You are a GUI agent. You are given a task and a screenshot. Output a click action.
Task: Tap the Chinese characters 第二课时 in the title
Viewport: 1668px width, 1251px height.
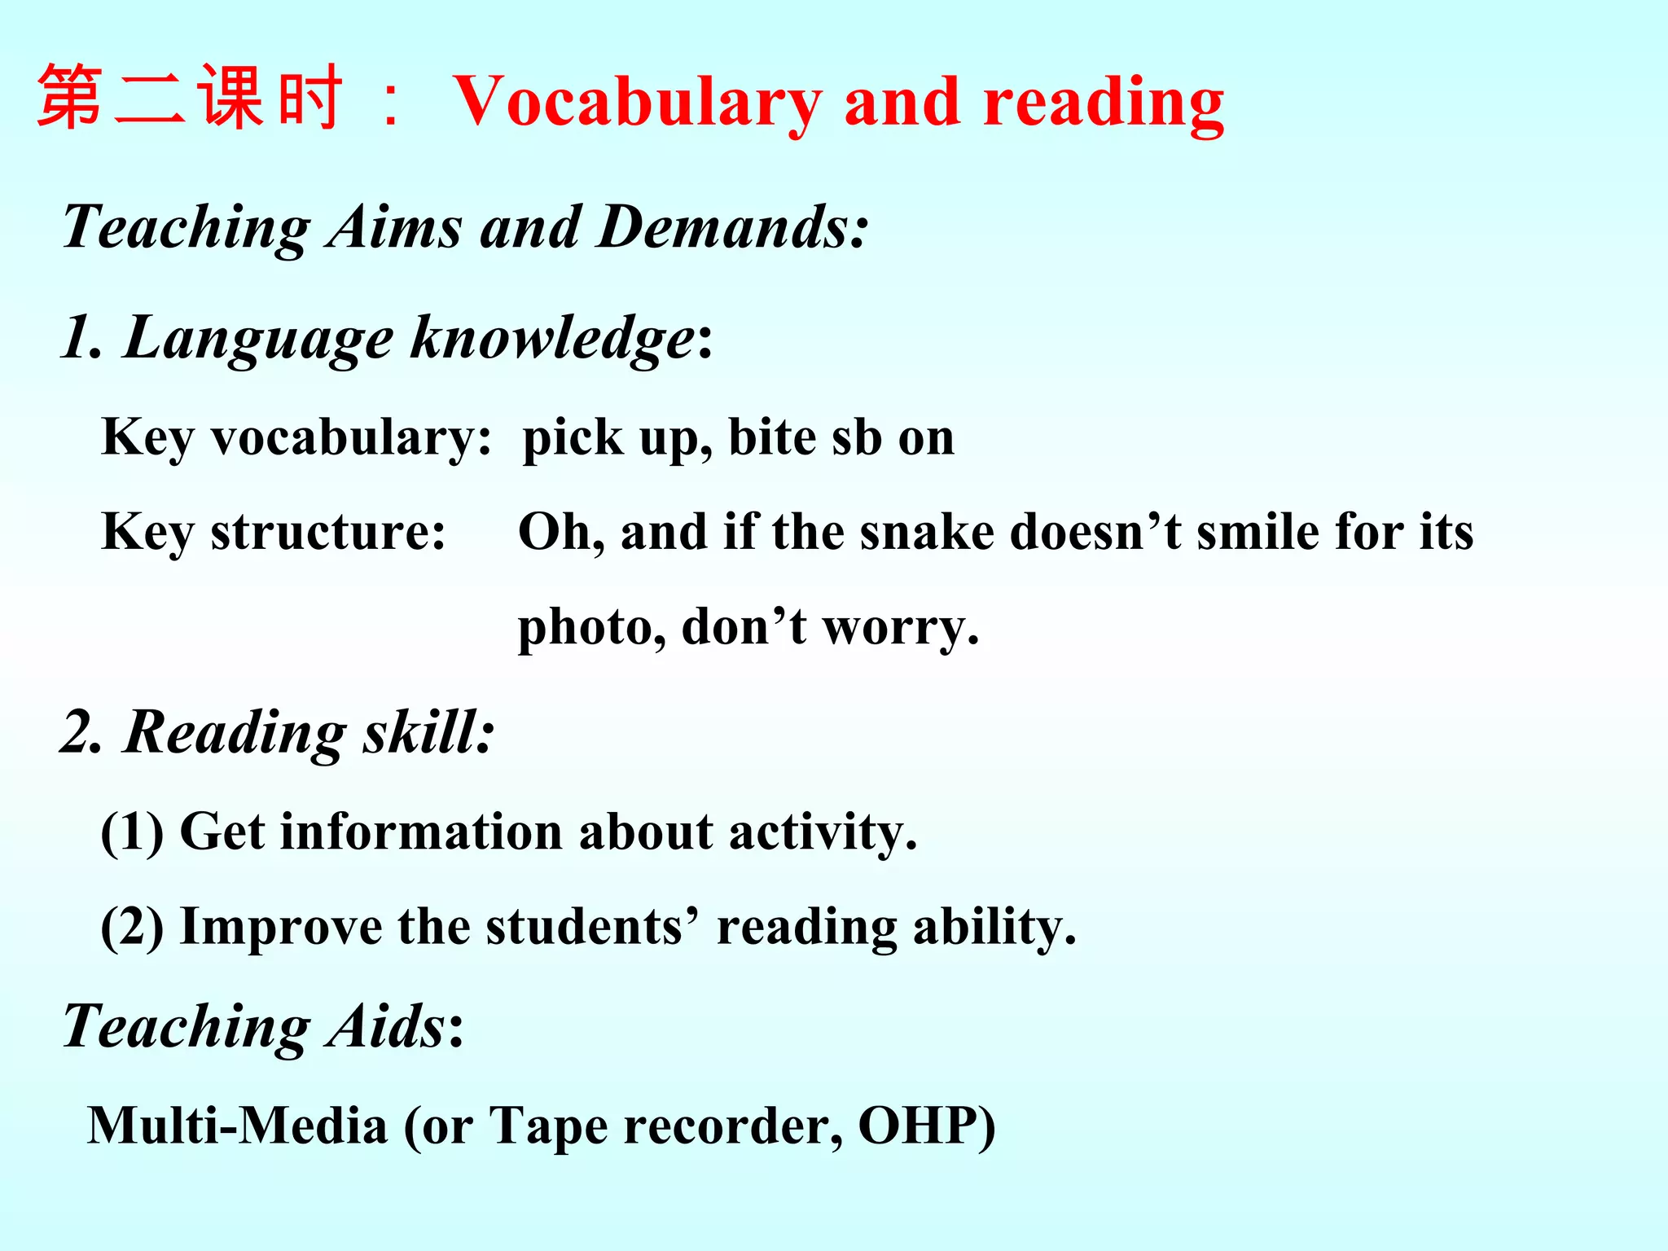pyautogui.click(x=189, y=98)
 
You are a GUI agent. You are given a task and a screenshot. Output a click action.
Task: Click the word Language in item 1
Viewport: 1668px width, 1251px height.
pyautogui.click(x=258, y=337)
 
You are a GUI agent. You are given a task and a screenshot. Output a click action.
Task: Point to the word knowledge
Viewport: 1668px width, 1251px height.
pyautogui.click(x=552, y=337)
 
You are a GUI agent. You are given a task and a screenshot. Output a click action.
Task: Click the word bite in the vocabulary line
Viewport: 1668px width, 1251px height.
pyautogui.click(x=771, y=437)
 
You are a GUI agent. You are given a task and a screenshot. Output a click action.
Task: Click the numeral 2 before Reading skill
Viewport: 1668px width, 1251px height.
pyautogui.click(x=79, y=732)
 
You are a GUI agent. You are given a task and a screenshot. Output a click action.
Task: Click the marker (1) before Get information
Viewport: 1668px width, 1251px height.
pyautogui.click(x=131, y=832)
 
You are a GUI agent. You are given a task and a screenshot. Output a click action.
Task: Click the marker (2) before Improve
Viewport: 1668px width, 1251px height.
pyautogui.click(x=131, y=927)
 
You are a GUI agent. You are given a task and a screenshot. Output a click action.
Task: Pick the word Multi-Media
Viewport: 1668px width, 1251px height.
pyautogui.click(x=237, y=1126)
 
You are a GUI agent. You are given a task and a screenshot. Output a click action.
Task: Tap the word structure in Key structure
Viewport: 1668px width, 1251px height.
pyautogui.click(x=327, y=533)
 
